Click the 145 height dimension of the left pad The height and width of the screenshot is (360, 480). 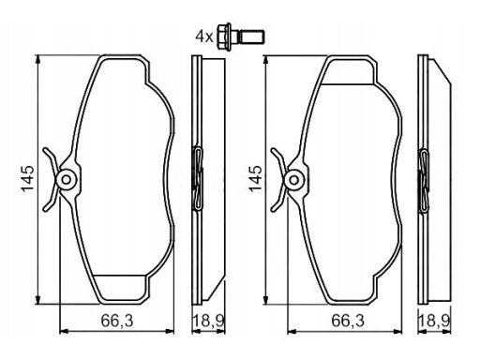(x=27, y=178)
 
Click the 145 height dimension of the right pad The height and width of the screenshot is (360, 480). (x=255, y=178)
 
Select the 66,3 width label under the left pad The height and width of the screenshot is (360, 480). (x=117, y=321)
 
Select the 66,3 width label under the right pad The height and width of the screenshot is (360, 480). (x=348, y=321)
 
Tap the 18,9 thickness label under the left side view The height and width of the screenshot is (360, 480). (x=208, y=321)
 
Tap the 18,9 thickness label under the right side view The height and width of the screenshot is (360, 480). (x=434, y=321)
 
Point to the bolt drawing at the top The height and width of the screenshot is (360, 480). (x=241, y=37)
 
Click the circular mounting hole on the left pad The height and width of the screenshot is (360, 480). (x=67, y=179)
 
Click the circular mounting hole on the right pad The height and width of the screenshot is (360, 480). (x=293, y=180)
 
